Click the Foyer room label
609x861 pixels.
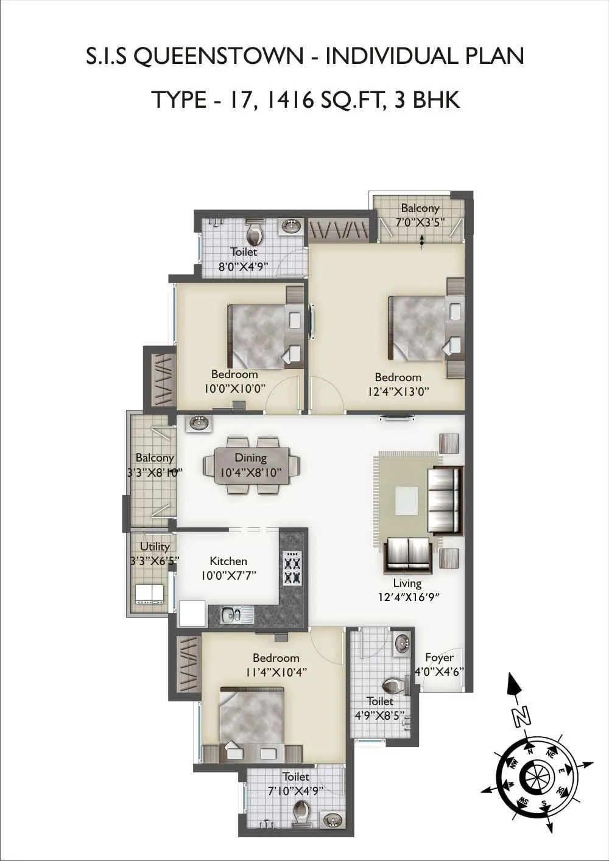[x=439, y=658]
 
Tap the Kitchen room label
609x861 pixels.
[x=228, y=561]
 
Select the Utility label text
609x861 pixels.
[x=155, y=547]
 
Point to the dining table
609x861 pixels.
[x=252, y=466]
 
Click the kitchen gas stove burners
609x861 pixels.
[x=292, y=568]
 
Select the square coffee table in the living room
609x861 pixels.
[x=406, y=501]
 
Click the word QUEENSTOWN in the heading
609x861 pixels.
[x=217, y=57]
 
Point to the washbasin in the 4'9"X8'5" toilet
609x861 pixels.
[x=401, y=643]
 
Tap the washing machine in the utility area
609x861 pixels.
[x=149, y=593]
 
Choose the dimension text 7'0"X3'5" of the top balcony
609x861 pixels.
[x=420, y=222]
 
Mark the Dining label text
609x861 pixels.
[x=251, y=458]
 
